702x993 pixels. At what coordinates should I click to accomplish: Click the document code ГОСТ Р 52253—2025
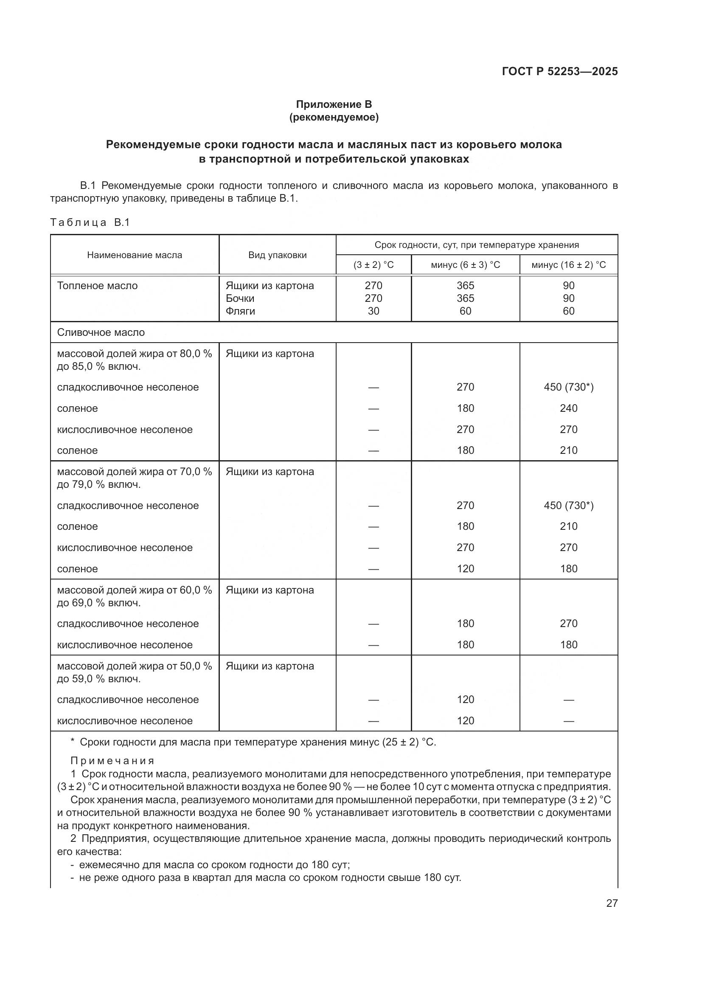coord(559,71)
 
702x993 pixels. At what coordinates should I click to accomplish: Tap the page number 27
coord(612,903)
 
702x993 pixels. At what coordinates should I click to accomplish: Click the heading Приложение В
coord(334,104)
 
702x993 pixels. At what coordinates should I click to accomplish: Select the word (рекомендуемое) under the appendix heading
coord(334,117)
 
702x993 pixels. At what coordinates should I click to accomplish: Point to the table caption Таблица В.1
coord(90,222)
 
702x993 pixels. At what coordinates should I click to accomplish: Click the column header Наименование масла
coord(135,255)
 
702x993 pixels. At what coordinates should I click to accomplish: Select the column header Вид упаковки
coord(277,255)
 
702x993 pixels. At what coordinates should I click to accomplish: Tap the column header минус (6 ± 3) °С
coord(465,264)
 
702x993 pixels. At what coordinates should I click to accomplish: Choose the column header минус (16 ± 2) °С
coord(568,264)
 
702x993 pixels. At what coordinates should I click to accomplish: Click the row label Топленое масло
coord(97,285)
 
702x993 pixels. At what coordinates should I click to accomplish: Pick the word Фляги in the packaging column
coord(240,311)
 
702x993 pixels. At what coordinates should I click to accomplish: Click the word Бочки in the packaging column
coord(240,298)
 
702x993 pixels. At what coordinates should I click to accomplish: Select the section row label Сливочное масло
coord(101,332)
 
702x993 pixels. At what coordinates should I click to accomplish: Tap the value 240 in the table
coord(568,408)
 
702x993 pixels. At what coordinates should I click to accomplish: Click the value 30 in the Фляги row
coord(373,311)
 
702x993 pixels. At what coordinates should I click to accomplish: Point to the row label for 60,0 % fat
coord(135,596)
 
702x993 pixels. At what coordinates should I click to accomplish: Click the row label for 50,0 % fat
coord(135,672)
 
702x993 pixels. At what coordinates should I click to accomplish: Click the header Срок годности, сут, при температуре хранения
coord(476,245)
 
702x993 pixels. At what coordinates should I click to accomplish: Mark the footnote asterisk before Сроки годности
coord(73,742)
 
